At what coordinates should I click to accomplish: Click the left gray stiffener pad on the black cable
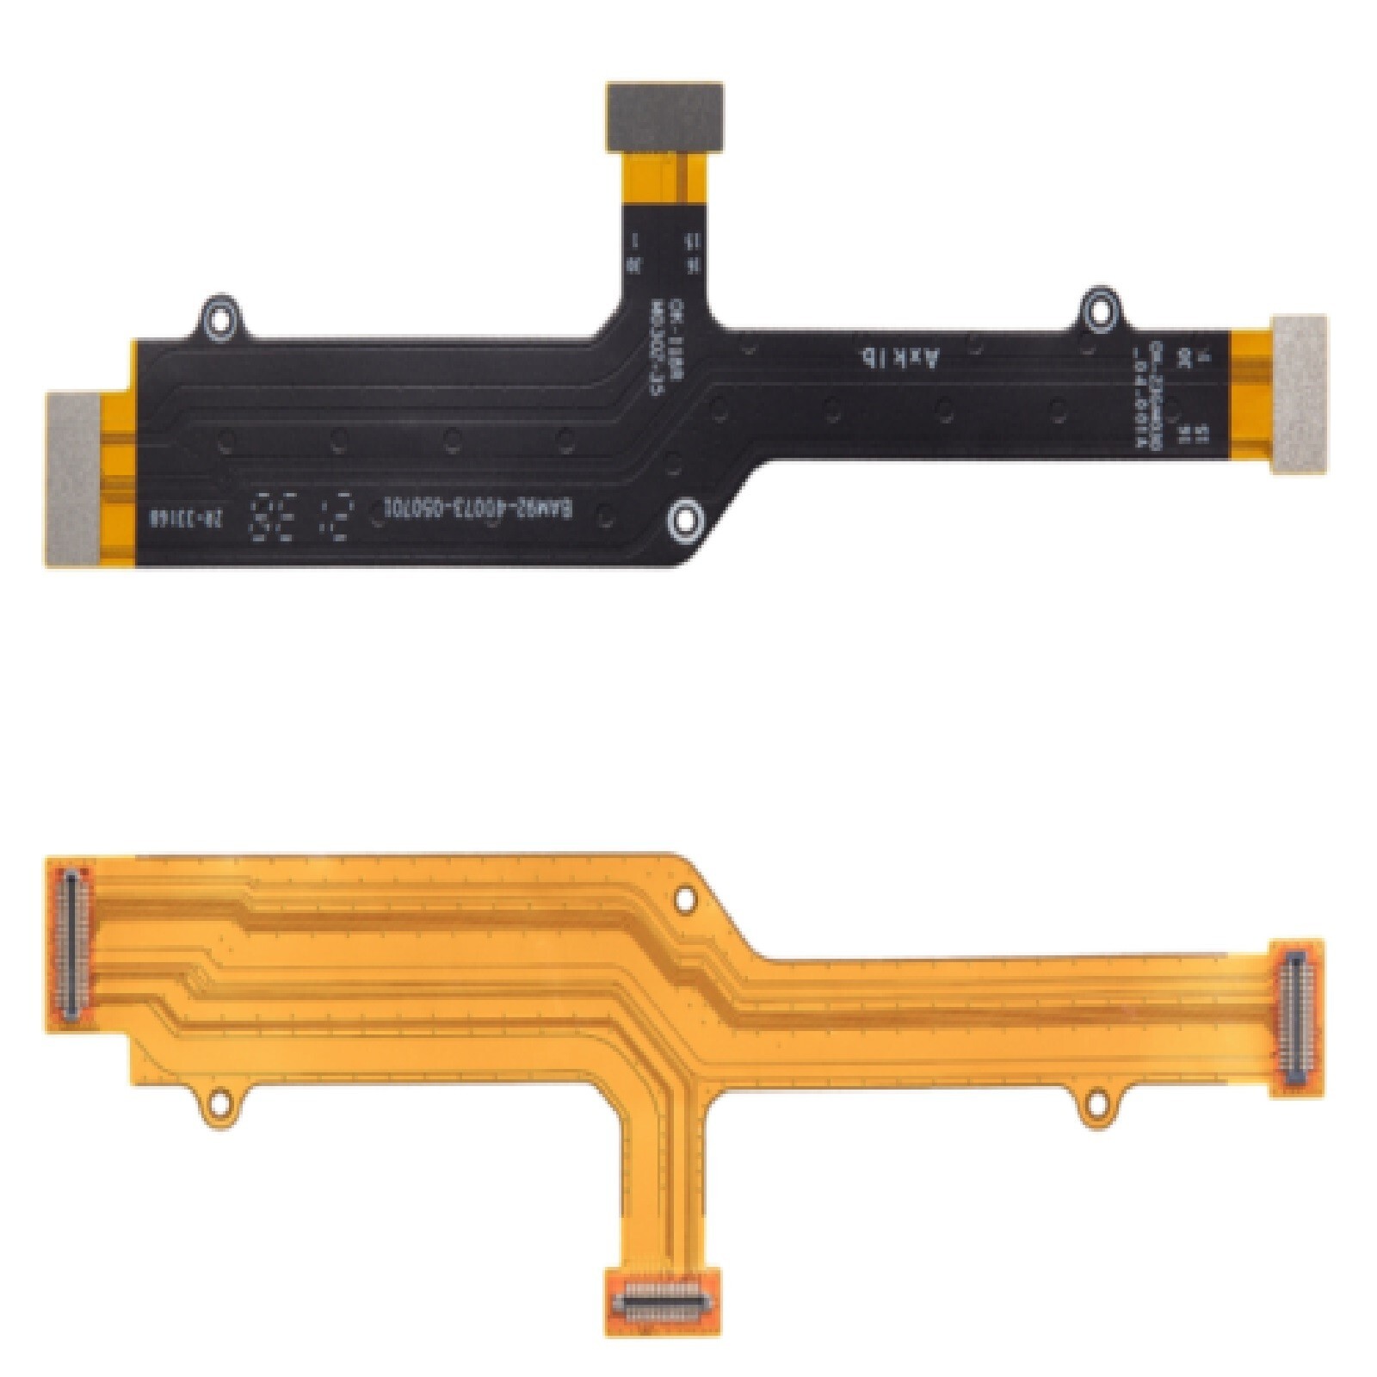click(72, 479)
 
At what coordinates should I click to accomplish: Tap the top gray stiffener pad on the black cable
click(664, 115)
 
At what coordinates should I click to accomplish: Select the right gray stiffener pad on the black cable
click(1299, 394)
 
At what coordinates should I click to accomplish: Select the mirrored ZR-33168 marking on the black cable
click(184, 519)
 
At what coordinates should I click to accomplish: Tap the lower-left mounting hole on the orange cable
click(220, 1100)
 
